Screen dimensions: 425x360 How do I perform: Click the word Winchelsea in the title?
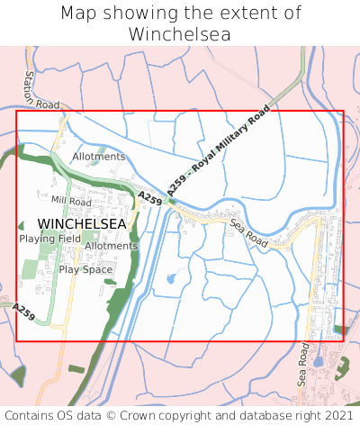[180, 34]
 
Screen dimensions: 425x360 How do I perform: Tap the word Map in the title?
[81, 14]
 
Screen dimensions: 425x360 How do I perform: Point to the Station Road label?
[40, 90]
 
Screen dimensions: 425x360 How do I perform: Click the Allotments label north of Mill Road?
[98, 157]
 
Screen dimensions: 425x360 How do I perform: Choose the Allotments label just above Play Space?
[111, 246]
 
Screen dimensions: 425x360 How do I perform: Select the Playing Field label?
[50, 239]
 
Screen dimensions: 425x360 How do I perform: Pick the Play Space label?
[85, 269]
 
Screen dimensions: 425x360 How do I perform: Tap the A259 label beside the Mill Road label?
[149, 197]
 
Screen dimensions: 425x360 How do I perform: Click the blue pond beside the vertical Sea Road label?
[317, 362]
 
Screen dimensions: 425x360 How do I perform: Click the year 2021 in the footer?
[338, 415]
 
